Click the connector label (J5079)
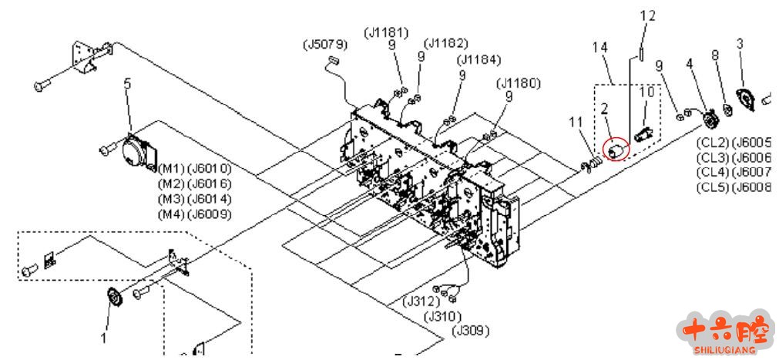325,45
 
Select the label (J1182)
445,43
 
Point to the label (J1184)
478,60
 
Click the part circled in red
614,149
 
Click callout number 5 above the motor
128,82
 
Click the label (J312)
421,301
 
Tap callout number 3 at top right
740,44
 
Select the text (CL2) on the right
713,142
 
